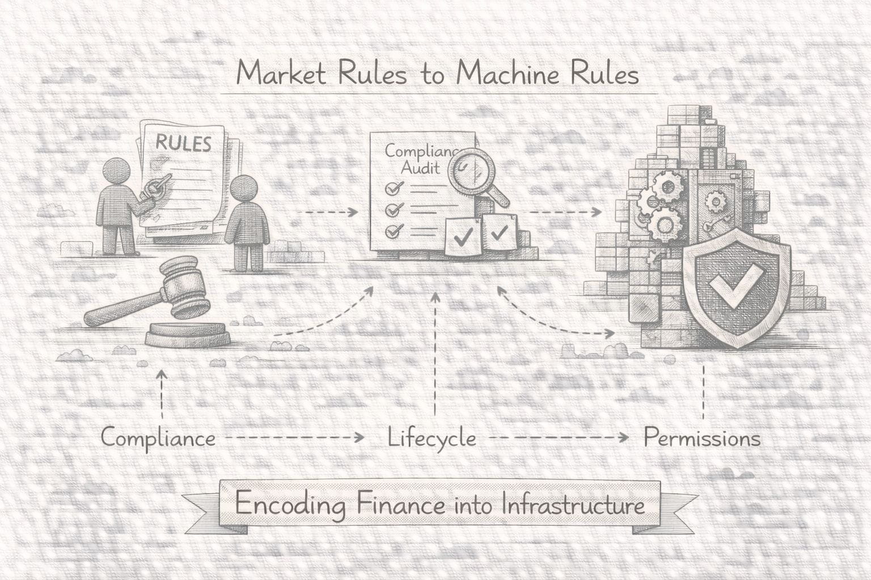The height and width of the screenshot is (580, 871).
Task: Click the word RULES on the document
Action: point(183,143)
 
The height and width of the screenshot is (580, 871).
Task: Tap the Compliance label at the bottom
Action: point(158,438)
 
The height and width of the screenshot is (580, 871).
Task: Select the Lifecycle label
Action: point(432,438)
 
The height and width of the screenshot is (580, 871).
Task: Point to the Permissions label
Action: point(702,438)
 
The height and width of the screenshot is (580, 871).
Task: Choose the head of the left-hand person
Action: point(119,172)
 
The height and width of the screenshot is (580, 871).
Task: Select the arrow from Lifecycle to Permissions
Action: point(559,438)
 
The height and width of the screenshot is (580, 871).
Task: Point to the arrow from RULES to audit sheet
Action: point(327,212)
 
